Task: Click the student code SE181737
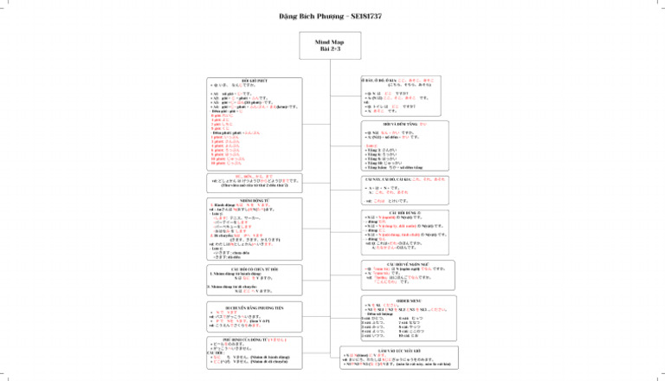click(368, 16)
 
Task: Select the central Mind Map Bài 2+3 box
click(332, 48)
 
